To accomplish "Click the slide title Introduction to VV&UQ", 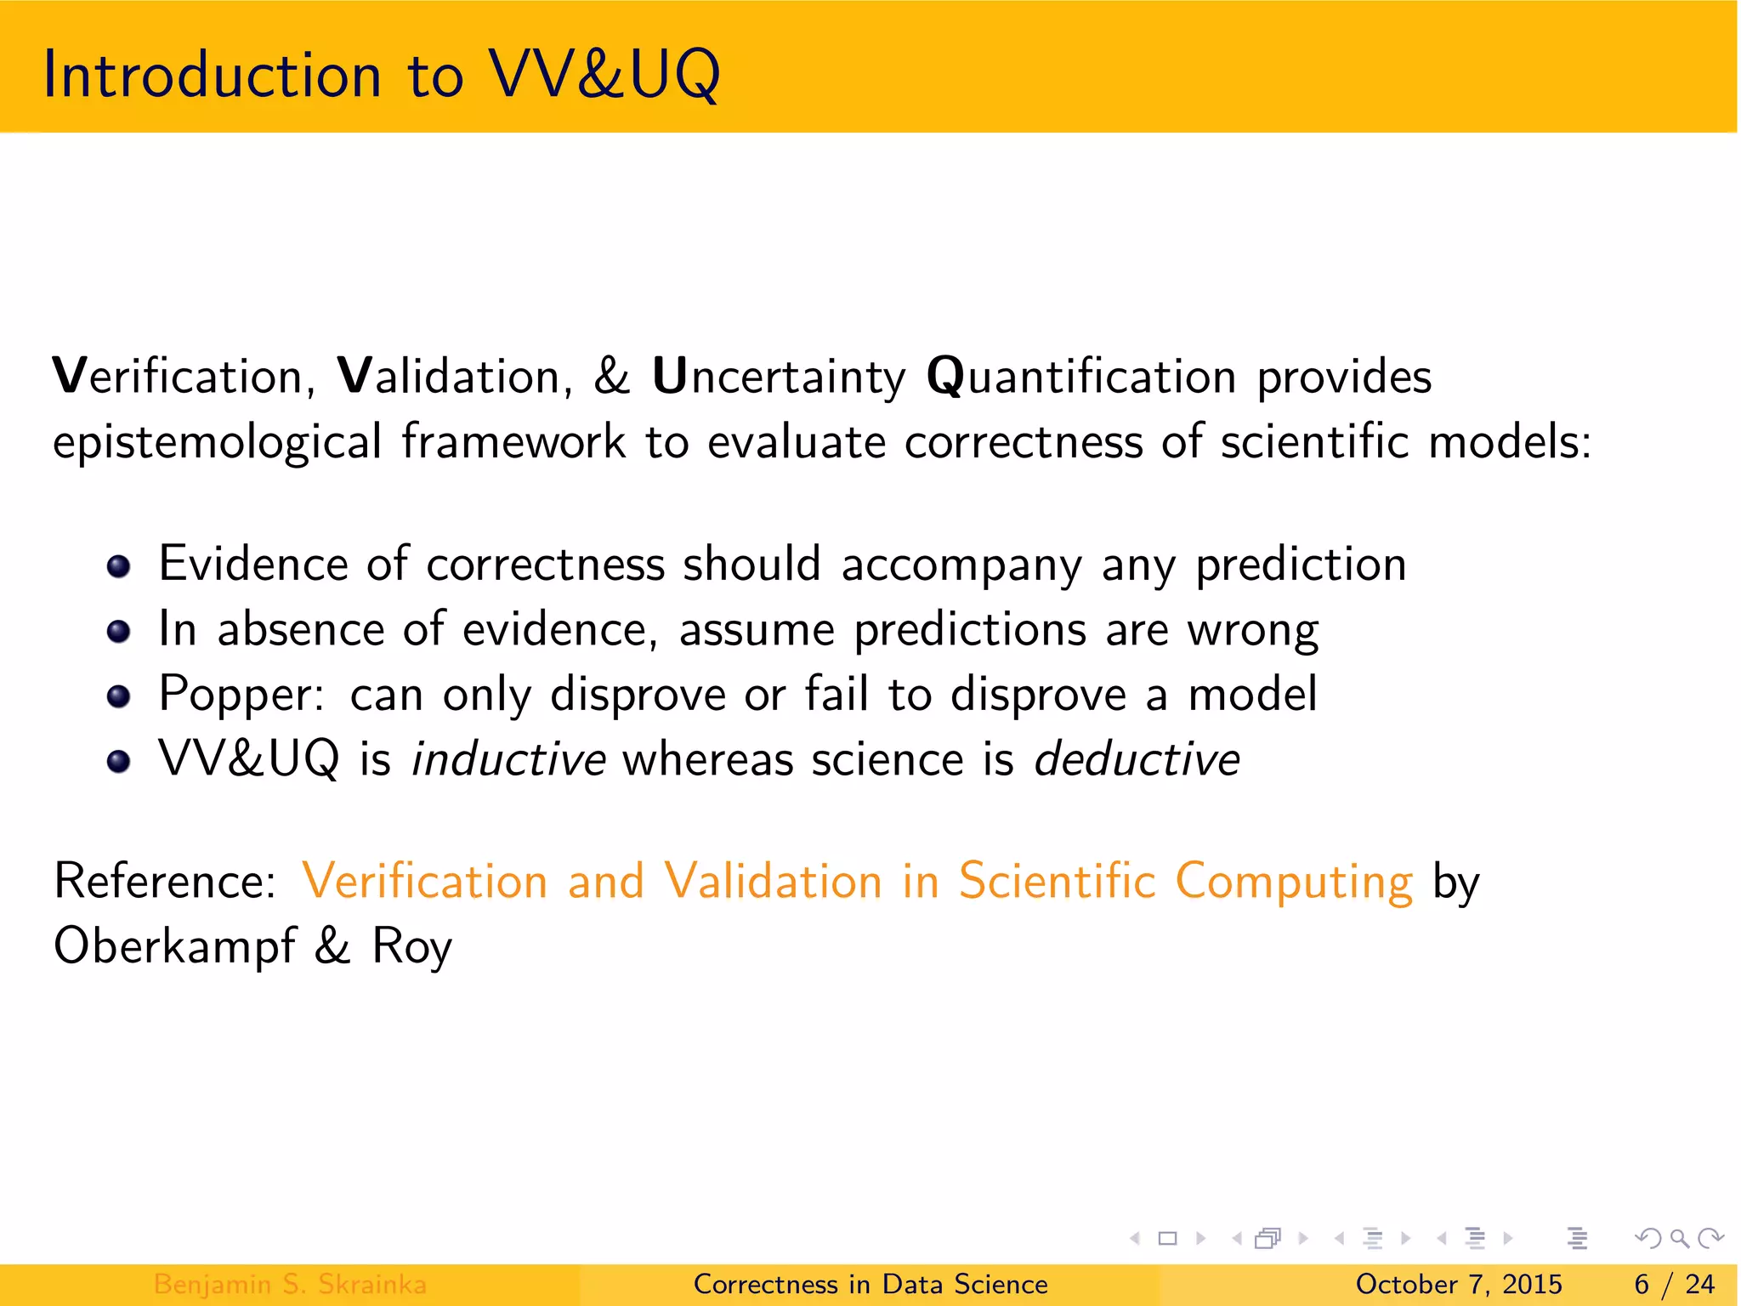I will (382, 75).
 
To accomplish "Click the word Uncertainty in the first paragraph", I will (779, 377).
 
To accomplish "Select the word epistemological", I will (218, 443).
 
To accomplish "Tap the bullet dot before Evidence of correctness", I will (119, 566).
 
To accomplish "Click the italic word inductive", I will (508, 759).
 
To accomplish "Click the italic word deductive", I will (1137, 759).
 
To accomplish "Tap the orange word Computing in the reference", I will (1293, 881).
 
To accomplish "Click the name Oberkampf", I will (174, 946).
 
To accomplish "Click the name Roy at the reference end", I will (411, 946).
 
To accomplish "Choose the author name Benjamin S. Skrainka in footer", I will (290, 1284).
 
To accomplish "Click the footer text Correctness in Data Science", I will (870, 1284).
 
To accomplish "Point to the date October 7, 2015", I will (1459, 1284).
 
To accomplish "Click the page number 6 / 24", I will (1674, 1284).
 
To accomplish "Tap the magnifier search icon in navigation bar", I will (1679, 1238).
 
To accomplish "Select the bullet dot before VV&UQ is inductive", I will (119, 761).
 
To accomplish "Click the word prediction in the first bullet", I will (1301, 565).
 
